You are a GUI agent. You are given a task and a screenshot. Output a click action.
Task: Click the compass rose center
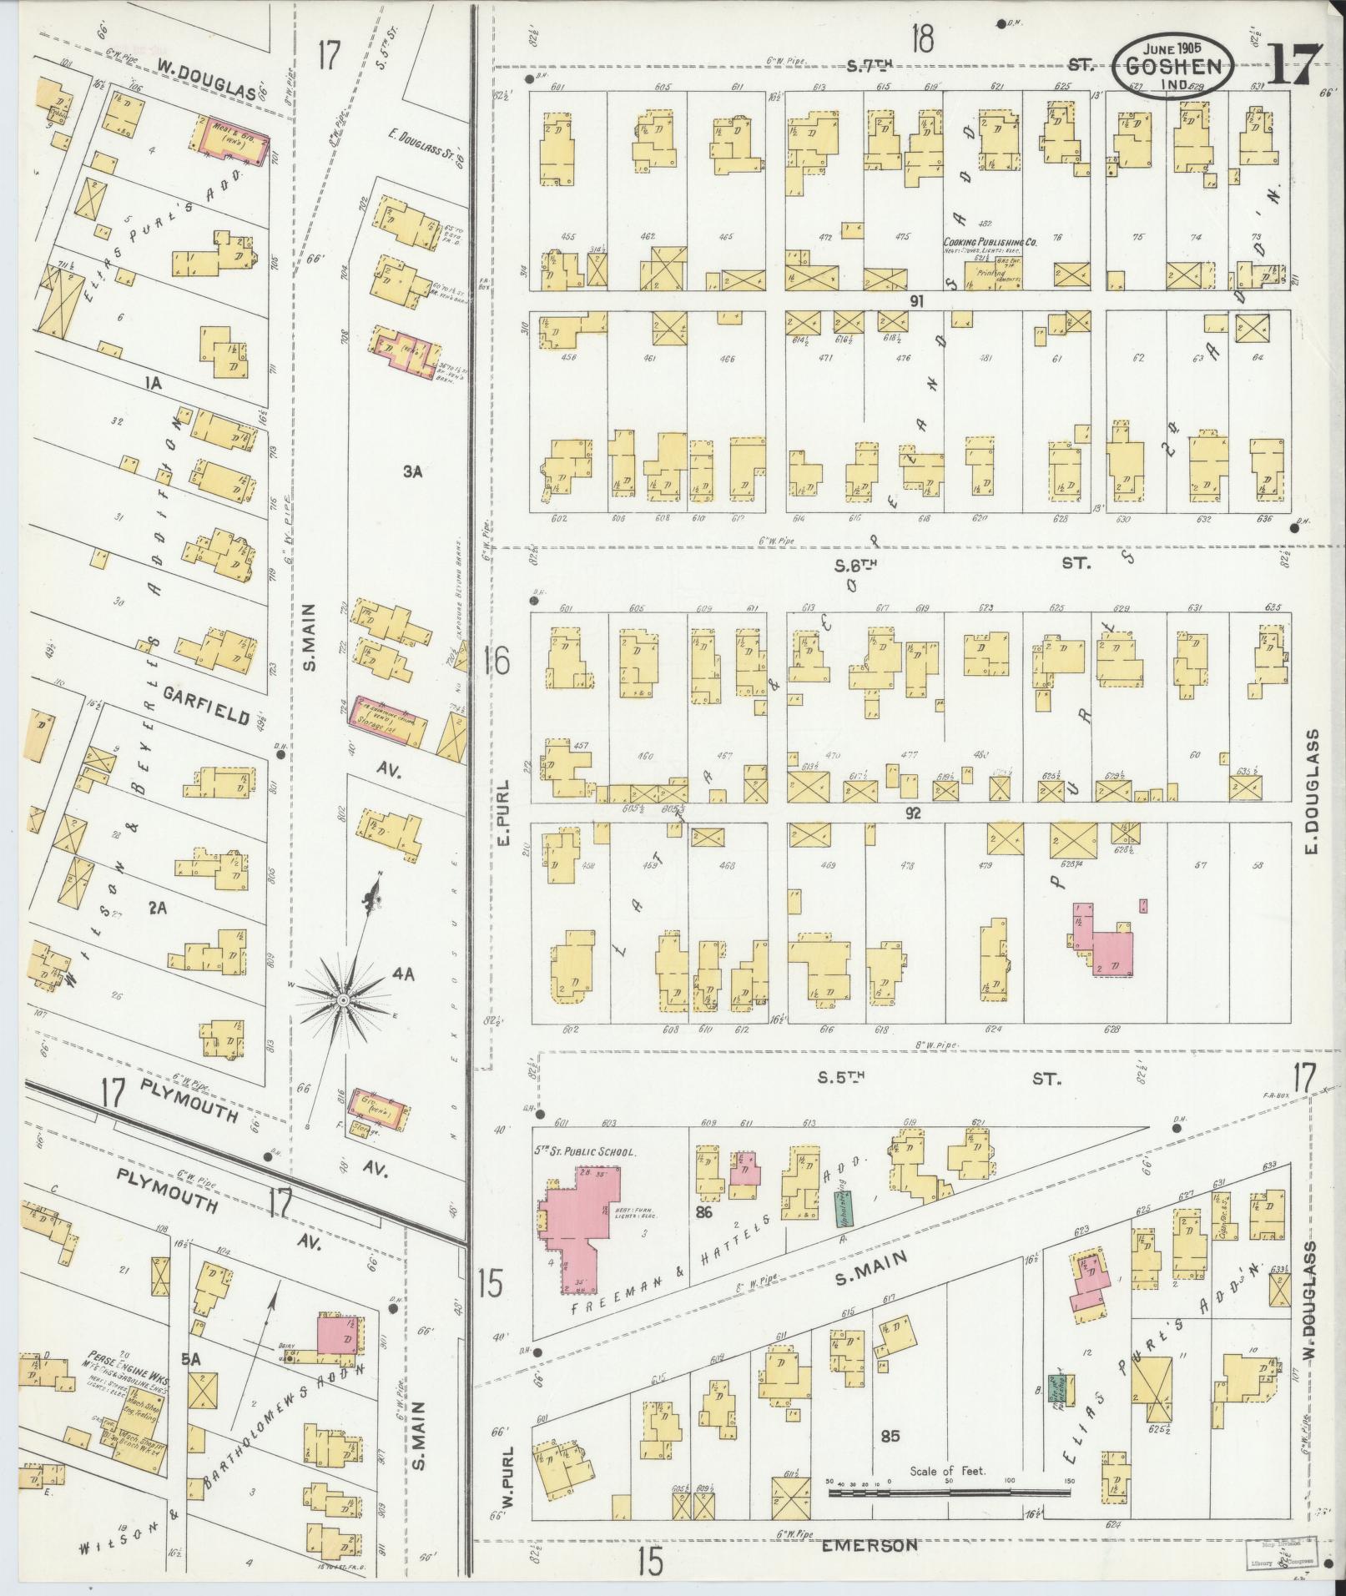click(343, 999)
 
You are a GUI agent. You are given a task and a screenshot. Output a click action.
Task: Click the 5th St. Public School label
click(585, 1151)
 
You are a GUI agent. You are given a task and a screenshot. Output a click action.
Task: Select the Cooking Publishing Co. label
click(991, 242)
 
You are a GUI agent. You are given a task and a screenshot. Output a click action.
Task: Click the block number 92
click(912, 812)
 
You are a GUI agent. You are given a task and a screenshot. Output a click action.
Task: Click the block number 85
click(890, 1437)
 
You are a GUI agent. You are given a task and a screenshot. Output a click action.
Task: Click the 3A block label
click(411, 471)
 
